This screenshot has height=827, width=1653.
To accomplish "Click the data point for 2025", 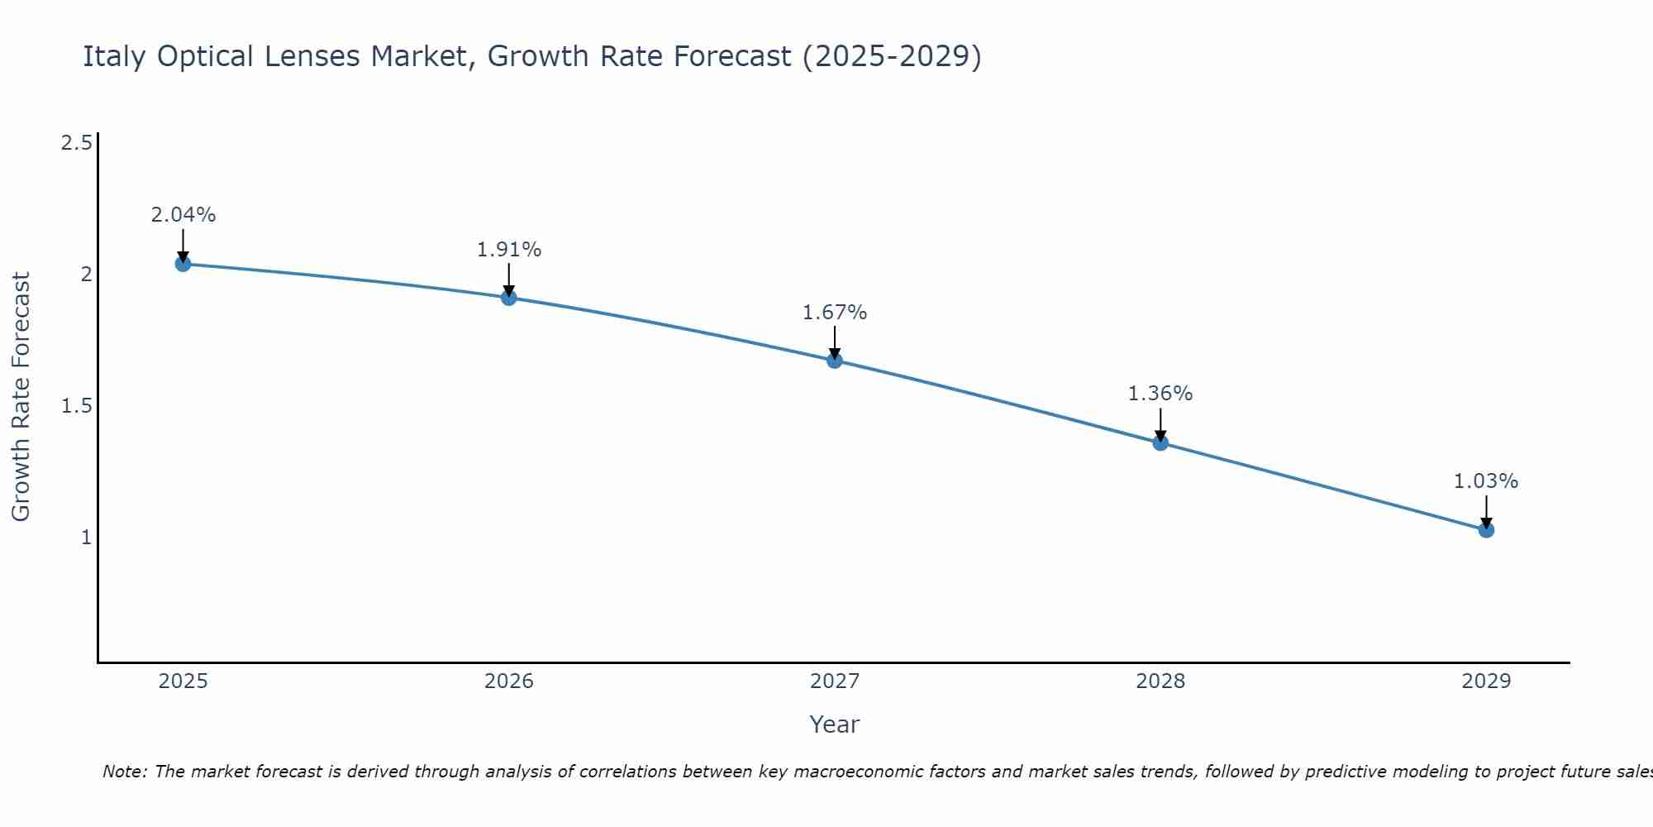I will click(183, 264).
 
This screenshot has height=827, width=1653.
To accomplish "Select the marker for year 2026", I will click(509, 298).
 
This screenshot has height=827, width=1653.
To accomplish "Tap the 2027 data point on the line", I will click(835, 361).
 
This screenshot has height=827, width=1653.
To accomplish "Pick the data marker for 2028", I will click(1160, 442).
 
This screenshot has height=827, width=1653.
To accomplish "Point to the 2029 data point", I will click(1486, 529).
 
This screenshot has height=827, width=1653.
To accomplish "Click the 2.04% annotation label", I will click(183, 215).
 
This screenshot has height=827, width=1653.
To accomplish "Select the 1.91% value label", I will click(509, 250).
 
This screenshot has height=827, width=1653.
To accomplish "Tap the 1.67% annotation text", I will click(835, 313).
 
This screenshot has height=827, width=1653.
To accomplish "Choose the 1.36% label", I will click(1160, 394).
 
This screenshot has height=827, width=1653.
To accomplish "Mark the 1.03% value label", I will click(1486, 481).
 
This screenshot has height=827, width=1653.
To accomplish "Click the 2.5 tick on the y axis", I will click(76, 143).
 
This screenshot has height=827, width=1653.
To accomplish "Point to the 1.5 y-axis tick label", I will click(76, 406).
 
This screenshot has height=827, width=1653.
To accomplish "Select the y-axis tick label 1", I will click(86, 538).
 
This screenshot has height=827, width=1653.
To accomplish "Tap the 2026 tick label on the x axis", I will click(509, 681).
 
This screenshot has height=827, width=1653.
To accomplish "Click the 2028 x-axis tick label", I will click(1160, 681).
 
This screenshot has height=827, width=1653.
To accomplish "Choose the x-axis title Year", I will click(835, 724).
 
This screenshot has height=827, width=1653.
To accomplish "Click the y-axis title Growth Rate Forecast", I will click(21, 397).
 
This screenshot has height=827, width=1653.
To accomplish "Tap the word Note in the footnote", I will click(123, 772).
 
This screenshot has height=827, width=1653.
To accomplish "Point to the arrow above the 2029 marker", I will click(1486, 509).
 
